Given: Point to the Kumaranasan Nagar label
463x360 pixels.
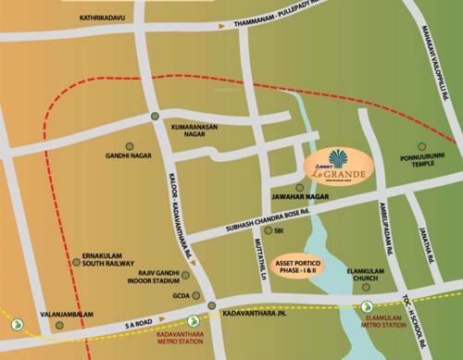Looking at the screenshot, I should pyautogui.click(x=199, y=129).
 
